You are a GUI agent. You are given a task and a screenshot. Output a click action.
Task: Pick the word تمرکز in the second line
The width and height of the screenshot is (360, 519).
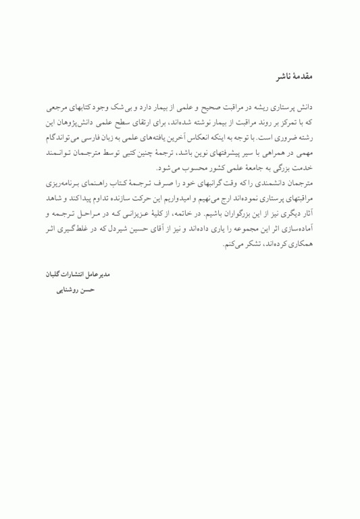[x=294, y=122]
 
